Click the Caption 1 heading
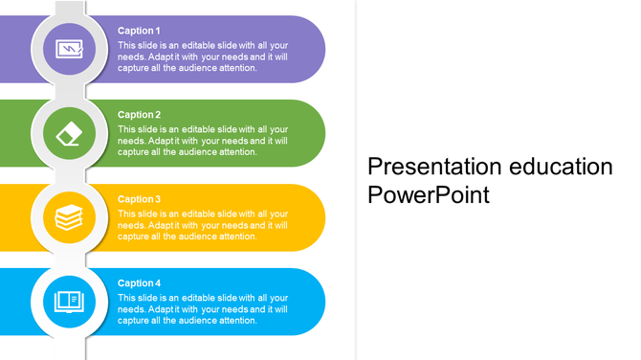click(x=139, y=31)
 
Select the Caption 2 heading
click(x=139, y=115)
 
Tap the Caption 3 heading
click(x=139, y=199)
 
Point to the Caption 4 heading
click(x=139, y=283)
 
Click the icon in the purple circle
click(x=69, y=49)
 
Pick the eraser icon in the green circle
click(x=69, y=133)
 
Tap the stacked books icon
click(x=69, y=217)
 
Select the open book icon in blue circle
click(x=69, y=302)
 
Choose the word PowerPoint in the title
click(x=429, y=196)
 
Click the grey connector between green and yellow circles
click(x=69, y=175)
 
